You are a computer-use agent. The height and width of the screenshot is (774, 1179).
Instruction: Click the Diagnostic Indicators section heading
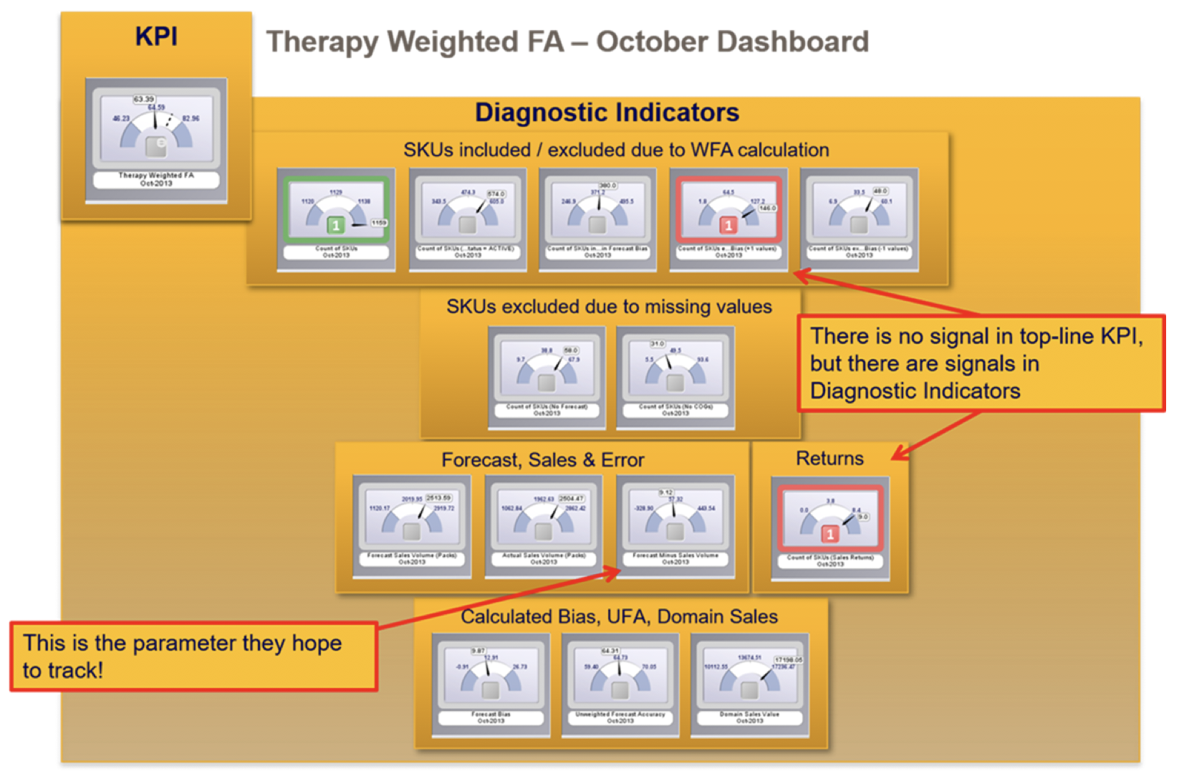click(607, 113)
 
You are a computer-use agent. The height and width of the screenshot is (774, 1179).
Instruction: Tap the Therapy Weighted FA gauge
click(156, 139)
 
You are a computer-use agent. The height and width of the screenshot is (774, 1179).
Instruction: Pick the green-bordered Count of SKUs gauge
click(336, 219)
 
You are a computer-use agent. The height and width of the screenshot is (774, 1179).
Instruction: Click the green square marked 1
click(335, 226)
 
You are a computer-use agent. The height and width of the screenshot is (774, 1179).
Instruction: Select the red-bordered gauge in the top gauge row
click(728, 219)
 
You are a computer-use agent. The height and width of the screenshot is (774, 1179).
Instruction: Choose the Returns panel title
click(829, 459)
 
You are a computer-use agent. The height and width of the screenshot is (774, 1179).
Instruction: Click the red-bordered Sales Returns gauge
click(830, 527)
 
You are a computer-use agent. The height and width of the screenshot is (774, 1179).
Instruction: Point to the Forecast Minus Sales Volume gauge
click(675, 525)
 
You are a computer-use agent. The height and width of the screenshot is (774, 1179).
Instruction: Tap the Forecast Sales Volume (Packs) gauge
click(412, 525)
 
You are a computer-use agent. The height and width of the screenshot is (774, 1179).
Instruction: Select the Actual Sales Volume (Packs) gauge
click(544, 525)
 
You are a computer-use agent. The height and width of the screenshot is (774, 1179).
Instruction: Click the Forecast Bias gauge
click(491, 684)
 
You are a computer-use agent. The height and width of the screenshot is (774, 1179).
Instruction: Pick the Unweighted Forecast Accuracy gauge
click(620, 684)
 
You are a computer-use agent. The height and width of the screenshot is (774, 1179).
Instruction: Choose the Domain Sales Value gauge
click(749, 684)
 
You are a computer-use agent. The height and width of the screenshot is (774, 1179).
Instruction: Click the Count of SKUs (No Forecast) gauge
click(547, 377)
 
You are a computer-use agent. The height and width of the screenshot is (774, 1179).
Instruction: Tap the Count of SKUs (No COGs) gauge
click(675, 377)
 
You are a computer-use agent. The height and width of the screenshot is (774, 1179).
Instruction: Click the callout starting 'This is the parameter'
click(193, 656)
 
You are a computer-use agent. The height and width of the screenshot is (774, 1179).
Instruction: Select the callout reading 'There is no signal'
click(981, 363)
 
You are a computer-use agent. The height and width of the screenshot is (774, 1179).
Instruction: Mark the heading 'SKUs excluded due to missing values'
click(609, 307)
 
